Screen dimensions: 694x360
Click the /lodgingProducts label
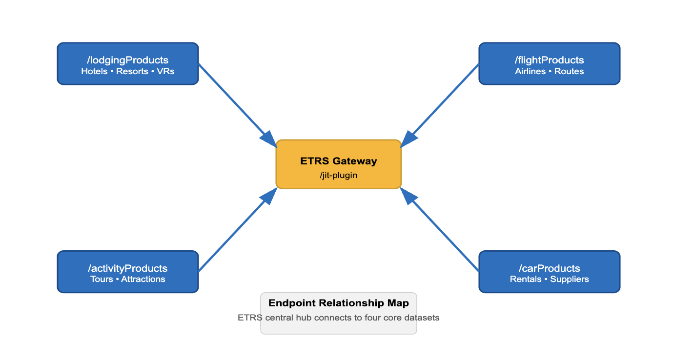pos(128,60)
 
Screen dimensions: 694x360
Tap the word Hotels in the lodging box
pos(94,71)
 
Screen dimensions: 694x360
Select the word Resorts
pos(132,71)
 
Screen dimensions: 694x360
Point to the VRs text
pos(165,71)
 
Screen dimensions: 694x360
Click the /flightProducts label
pos(550,60)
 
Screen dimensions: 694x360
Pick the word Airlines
pos(530,71)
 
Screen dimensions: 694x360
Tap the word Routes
pos(569,71)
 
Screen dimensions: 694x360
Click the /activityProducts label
pos(128,268)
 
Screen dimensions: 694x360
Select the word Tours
pos(102,279)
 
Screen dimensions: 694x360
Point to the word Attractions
pos(143,279)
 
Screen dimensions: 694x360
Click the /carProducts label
pos(550,268)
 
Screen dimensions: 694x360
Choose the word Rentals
pos(526,279)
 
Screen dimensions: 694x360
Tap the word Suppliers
pos(570,279)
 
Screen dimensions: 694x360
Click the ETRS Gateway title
pos(339,161)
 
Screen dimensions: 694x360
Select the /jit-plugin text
pos(339,175)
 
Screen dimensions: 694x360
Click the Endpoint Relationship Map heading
pos(339,303)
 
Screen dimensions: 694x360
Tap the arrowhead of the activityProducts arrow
pos(269,196)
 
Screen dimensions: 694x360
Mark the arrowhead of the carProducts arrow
pos(408,196)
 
